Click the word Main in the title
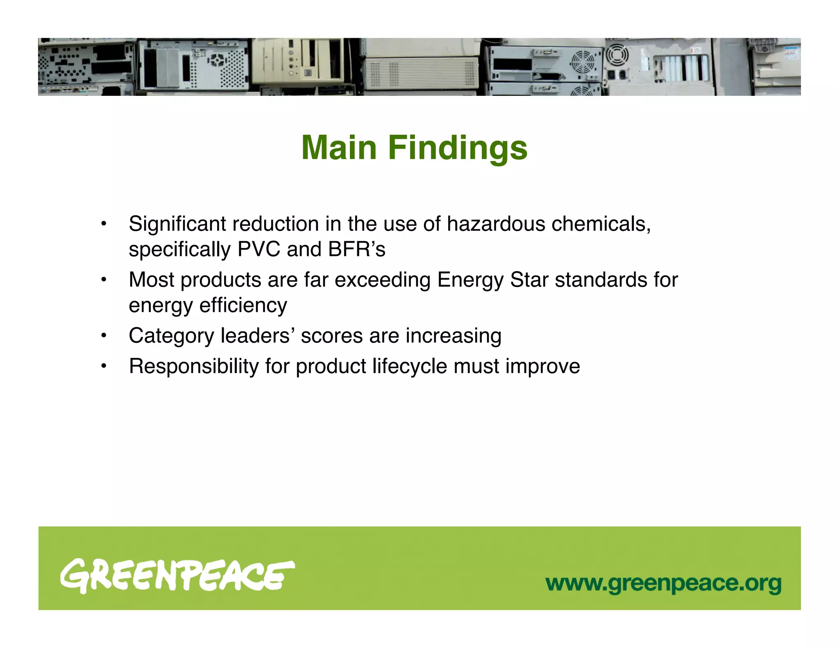click(339, 148)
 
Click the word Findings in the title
click(458, 148)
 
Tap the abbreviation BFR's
click(356, 249)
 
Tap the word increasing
click(454, 336)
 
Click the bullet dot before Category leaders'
click(104, 336)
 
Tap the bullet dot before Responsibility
click(104, 366)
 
